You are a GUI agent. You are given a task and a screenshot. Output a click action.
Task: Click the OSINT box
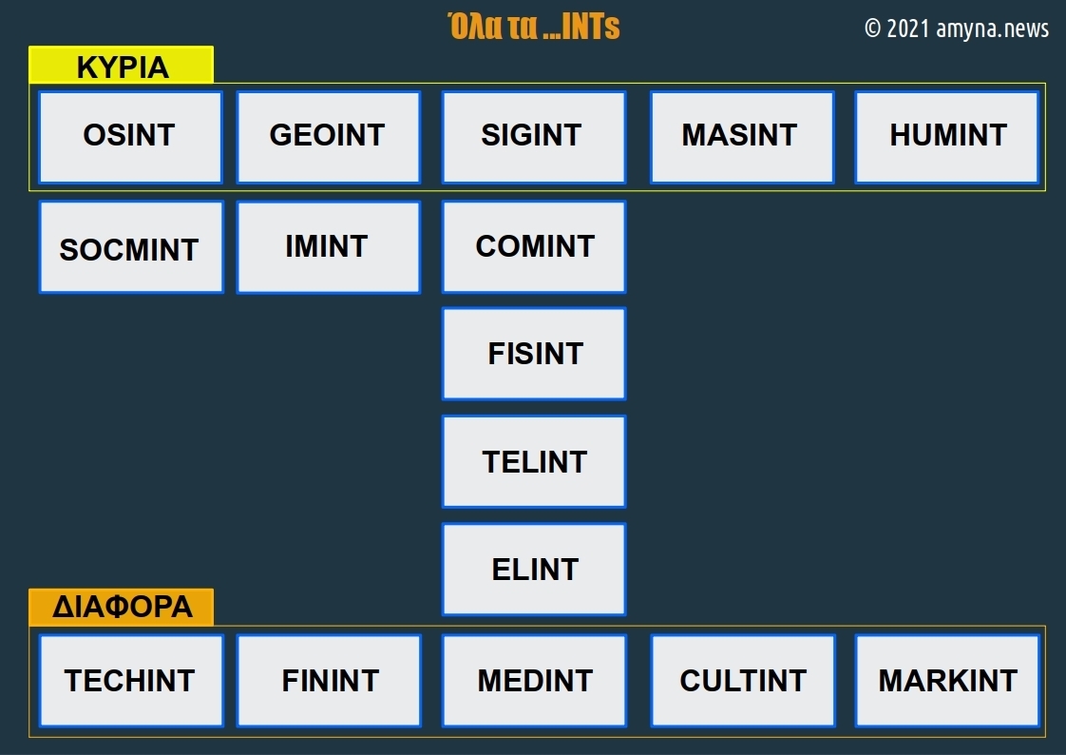(x=130, y=137)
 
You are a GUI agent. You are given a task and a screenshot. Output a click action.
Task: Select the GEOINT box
(x=328, y=137)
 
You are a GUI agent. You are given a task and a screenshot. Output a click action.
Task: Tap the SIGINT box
(x=533, y=137)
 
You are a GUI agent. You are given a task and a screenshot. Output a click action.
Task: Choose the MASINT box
(x=741, y=137)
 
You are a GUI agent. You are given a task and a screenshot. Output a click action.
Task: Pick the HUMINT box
(x=946, y=137)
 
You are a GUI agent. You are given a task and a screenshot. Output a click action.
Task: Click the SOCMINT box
(x=131, y=247)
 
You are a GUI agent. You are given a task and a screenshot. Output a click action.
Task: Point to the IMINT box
(x=328, y=247)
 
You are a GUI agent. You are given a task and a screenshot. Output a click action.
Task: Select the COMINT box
(x=533, y=247)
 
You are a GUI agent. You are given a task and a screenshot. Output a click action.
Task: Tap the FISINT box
(x=533, y=354)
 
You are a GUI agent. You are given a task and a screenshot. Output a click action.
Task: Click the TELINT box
(x=533, y=461)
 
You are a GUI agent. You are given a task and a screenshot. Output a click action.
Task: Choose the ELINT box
(x=533, y=569)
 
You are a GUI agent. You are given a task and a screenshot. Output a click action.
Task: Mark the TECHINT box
(x=131, y=681)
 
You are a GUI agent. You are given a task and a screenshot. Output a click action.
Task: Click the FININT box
(x=329, y=681)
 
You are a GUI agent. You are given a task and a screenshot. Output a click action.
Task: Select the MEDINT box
(x=534, y=681)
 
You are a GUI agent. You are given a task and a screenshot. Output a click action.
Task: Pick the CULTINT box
(x=742, y=681)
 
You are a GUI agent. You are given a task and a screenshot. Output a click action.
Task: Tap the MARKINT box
(x=947, y=681)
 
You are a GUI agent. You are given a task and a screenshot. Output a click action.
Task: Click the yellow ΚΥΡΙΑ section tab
(x=122, y=66)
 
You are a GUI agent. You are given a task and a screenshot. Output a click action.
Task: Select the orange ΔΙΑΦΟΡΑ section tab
(x=122, y=607)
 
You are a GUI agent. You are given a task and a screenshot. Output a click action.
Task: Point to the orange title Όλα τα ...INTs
(x=533, y=27)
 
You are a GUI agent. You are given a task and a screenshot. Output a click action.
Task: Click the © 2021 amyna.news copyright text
(x=956, y=29)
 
